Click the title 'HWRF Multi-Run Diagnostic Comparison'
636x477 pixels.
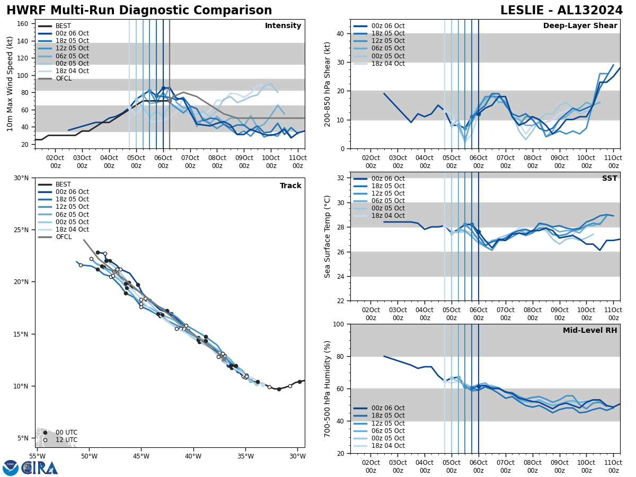(139, 11)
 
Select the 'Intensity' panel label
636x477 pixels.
(283, 26)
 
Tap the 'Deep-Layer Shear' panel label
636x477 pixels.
(580, 26)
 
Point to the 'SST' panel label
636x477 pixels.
(609, 179)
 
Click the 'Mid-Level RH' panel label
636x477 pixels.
(590, 331)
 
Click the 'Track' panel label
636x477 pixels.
(290, 186)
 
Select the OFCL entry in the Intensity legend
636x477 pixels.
(63, 78)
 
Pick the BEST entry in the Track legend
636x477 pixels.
(63, 184)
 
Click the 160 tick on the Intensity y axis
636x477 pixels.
(23, 24)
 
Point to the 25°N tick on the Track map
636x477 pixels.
(22, 230)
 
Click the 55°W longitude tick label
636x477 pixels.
(37, 456)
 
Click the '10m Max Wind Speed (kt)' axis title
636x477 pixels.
(10, 84)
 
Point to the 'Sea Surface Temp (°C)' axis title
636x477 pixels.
(328, 236)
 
